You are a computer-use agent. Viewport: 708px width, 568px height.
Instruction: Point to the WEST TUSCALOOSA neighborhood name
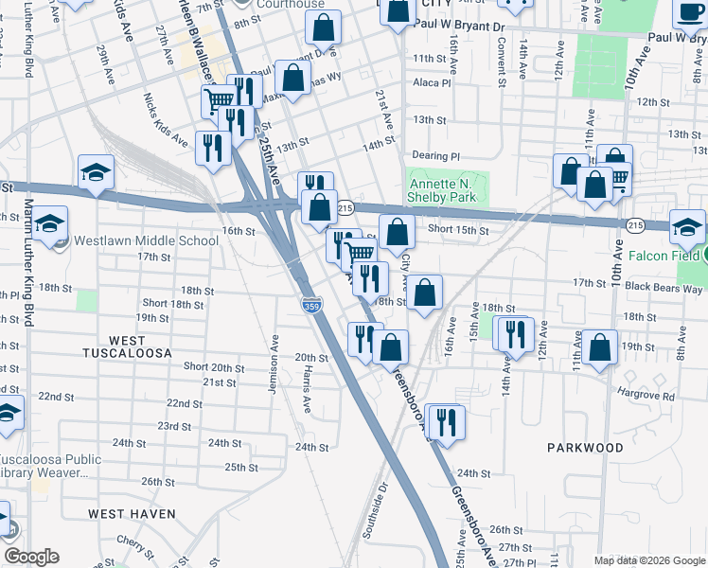pyautogui.click(x=127, y=346)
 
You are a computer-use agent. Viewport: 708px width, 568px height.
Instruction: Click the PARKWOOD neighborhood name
pyautogui.click(x=584, y=447)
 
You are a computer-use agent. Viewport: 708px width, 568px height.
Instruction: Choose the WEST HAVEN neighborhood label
pyautogui.click(x=132, y=513)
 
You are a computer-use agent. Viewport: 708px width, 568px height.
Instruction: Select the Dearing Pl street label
pyautogui.click(x=435, y=156)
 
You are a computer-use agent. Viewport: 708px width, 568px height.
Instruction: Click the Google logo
pyautogui.click(x=31, y=557)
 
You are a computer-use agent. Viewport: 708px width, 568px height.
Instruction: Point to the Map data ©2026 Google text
pyautogui.click(x=648, y=560)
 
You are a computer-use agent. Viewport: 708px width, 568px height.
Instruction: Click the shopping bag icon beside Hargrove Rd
pyautogui.click(x=600, y=348)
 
